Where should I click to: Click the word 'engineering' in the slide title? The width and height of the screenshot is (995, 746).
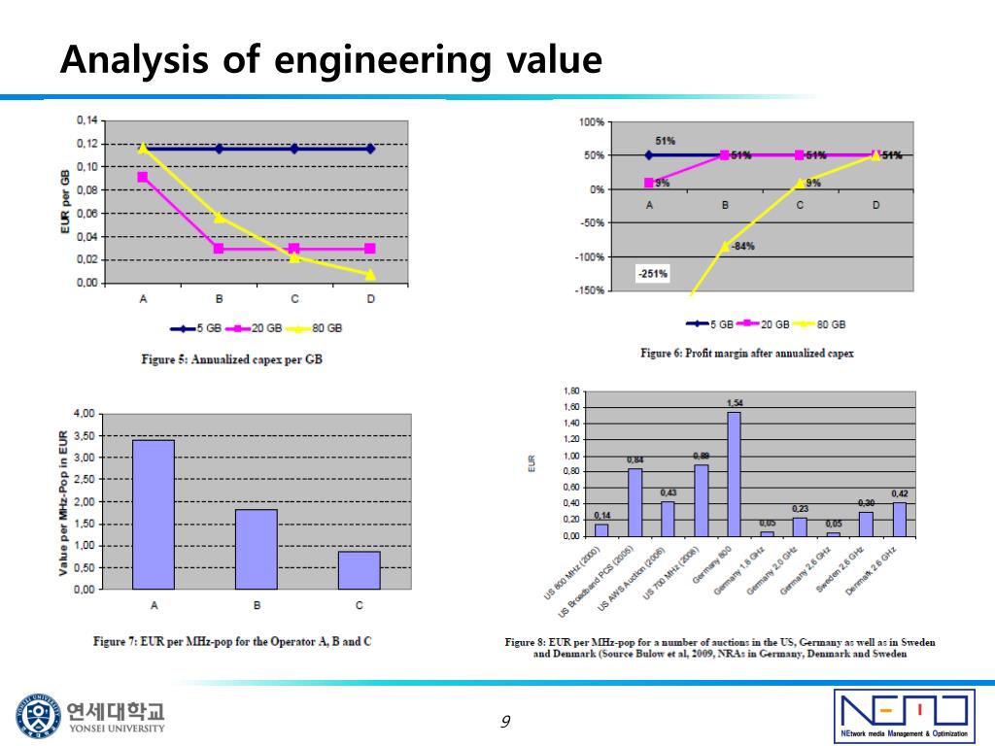[x=383, y=60]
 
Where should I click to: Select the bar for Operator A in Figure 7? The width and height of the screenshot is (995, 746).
[x=154, y=514]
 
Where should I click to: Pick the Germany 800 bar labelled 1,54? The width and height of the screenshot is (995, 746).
[x=734, y=474]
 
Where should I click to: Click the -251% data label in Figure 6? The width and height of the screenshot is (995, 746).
[x=652, y=273]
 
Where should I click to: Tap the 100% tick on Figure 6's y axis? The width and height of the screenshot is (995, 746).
[x=591, y=121]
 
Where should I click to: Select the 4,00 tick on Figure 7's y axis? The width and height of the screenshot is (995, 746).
[x=84, y=414]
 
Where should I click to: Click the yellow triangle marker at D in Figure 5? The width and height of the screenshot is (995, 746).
[x=370, y=274]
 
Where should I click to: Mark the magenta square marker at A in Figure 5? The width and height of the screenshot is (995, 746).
[x=143, y=177]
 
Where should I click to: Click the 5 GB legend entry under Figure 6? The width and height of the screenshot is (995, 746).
[x=711, y=323]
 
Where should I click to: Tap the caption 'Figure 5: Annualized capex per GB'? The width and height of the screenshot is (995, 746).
[x=231, y=359]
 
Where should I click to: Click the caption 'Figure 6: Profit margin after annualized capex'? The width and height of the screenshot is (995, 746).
[x=746, y=353]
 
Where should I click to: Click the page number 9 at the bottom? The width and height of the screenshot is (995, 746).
[x=505, y=721]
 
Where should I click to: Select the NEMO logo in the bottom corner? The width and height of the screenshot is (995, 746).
[x=904, y=715]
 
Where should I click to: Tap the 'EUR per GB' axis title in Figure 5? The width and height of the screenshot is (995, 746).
[x=64, y=202]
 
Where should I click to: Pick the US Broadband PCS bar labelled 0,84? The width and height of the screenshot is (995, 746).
[x=635, y=502]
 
